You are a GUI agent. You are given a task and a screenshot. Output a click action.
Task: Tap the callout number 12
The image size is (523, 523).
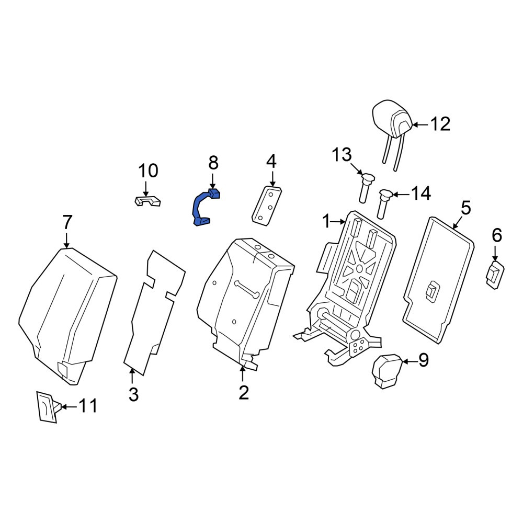440,124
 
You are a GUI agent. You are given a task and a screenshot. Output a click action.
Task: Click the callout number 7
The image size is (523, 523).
67,222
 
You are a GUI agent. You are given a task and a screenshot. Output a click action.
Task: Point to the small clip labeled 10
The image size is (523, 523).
147,201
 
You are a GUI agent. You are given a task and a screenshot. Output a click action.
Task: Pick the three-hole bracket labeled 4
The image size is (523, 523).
267,206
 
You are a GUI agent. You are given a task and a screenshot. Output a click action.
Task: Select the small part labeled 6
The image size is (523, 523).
495,275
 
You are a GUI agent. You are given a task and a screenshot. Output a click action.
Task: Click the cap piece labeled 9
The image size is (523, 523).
387,371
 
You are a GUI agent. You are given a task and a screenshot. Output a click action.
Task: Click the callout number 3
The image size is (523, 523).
133,394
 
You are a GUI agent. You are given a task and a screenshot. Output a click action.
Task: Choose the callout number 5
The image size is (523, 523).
465,208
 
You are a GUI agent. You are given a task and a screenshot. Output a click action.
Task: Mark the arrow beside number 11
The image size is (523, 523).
70,406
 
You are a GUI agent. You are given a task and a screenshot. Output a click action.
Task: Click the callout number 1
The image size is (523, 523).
326,221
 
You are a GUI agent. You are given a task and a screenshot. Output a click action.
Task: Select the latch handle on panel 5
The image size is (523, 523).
433,291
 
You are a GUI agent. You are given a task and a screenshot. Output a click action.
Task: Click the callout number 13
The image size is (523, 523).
342,155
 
